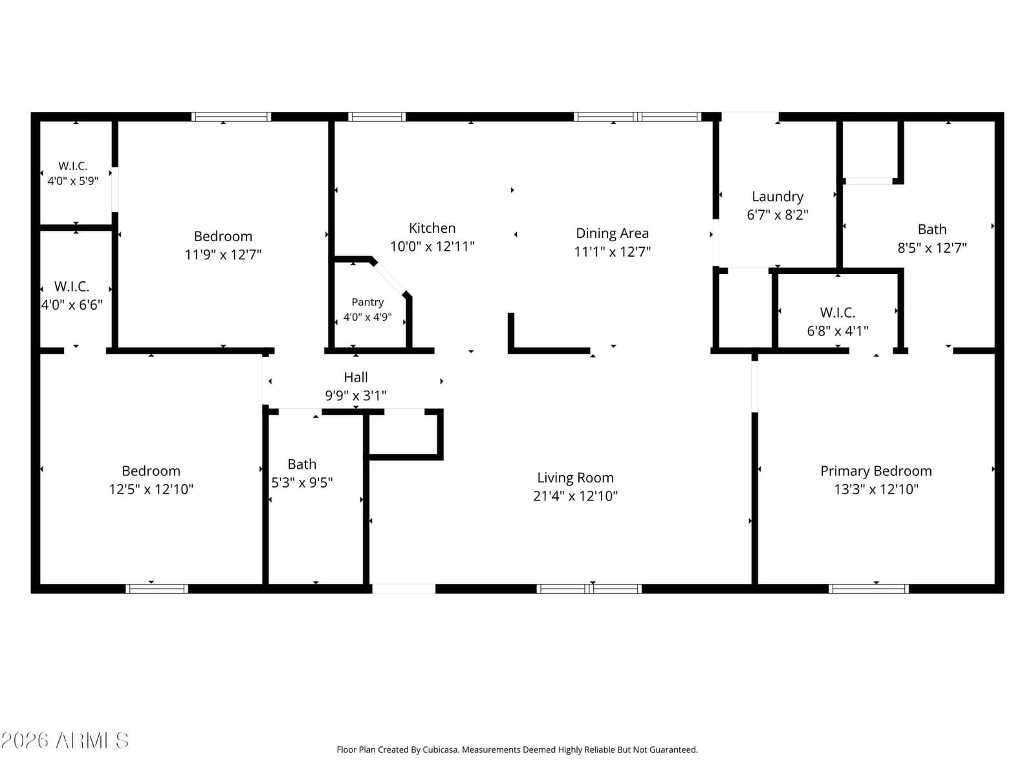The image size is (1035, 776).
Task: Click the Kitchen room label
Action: [x=432, y=228]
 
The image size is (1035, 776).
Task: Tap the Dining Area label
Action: [x=612, y=233]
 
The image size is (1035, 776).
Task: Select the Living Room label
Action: [x=575, y=478]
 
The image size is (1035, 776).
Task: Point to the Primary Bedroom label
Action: [x=876, y=471]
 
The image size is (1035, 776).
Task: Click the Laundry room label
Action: [x=778, y=197]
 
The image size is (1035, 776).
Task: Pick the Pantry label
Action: [x=367, y=302]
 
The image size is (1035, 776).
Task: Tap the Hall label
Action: [x=356, y=377]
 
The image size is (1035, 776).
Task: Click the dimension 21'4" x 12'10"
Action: [x=575, y=495]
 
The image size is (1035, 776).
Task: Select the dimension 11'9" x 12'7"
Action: [x=223, y=254]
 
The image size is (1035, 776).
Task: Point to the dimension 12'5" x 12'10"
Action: [x=151, y=489]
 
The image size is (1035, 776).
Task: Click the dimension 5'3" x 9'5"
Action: [x=302, y=482]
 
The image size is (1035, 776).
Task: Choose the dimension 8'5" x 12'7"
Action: [x=931, y=248]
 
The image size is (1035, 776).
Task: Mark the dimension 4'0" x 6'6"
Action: [x=72, y=305]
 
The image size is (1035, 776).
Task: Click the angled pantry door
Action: [x=389, y=279]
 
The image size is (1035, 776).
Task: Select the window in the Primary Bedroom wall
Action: [x=869, y=588]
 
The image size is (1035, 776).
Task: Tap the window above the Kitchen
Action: [x=376, y=117]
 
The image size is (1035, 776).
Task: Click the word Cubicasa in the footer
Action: [x=441, y=749]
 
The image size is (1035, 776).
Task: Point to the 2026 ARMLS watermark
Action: [x=65, y=740]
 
